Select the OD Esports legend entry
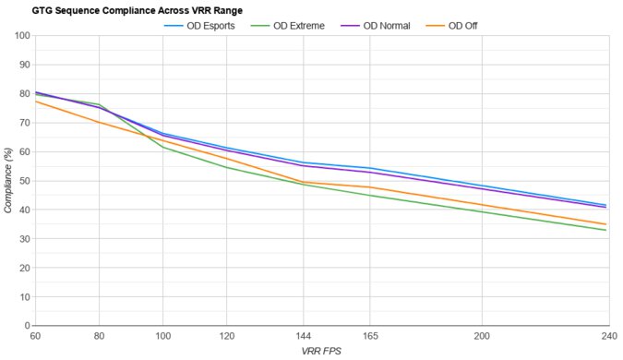(205, 25)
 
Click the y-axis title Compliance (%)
(8, 181)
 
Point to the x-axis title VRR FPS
(321, 352)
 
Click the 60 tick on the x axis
(35, 337)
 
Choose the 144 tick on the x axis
(302, 337)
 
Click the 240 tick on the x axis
(606, 337)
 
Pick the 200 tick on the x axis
(480, 337)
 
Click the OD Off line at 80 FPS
(99, 122)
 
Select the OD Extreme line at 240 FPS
(606, 230)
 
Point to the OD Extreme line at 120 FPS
(227, 167)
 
